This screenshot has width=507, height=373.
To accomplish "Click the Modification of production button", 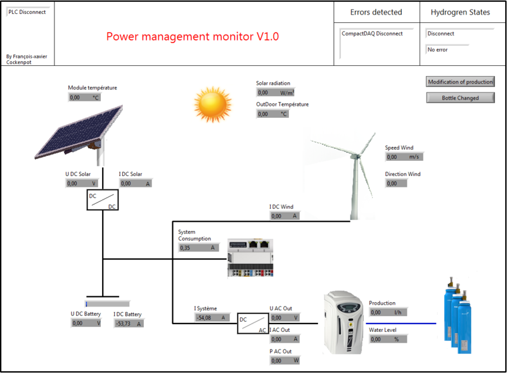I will [x=459, y=82].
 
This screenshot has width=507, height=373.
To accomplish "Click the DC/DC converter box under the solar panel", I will [x=102, y=200].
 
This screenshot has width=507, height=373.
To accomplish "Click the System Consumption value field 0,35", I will [x=198, y=248].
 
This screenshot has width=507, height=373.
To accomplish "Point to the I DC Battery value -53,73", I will [x=129, y=324].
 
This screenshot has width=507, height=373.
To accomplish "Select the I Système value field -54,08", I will [x=210, y=318].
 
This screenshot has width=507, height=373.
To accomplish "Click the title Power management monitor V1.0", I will [x=193, y=37].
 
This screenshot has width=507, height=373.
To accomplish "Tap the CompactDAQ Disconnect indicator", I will [x=376, y=34].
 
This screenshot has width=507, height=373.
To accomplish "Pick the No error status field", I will [x=447, y=49].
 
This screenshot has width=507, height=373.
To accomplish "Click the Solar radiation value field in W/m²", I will [x=274, y=92].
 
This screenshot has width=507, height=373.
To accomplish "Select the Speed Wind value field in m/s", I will [x=404, y=157].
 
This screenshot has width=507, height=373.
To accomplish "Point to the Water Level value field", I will [x=387, y=339].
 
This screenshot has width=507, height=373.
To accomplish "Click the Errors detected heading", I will [x=376, y=12].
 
